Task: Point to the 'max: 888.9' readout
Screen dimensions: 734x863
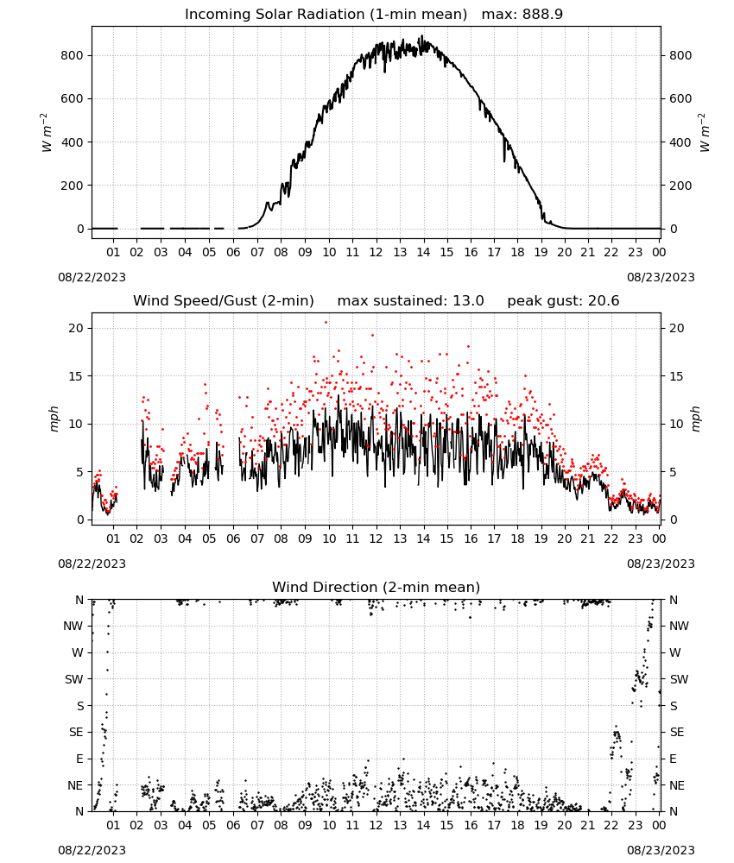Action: click(522, 15)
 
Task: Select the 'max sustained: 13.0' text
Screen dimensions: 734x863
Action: click(410, 301)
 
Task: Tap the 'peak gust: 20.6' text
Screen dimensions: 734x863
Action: click(563, 301)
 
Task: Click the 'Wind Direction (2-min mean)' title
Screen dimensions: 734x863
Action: click(376, 587)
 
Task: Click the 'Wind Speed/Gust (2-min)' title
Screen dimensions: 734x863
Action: click(224, 301)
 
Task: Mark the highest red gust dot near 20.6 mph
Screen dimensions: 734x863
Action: click(326, 323)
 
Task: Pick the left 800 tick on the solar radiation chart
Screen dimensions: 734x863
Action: click(73, 55)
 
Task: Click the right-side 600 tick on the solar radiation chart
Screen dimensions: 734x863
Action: click(680, 99)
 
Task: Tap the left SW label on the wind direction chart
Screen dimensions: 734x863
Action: click(74, 679)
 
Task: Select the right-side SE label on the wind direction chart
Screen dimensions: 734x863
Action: click(677, 732)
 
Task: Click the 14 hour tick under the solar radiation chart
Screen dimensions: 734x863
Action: click(423, 252)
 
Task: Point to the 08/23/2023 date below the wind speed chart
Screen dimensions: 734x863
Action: click(661, 564)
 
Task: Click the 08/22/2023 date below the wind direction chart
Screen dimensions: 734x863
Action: click(92, 850)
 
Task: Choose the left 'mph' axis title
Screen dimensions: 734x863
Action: click(54, 419)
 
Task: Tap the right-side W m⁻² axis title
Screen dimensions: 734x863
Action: click(705, 133)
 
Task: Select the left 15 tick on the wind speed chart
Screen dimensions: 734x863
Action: click(77, 376)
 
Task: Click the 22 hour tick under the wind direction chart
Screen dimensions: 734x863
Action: click(611, 825)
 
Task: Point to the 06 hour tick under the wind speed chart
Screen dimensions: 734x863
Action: click(233, 539)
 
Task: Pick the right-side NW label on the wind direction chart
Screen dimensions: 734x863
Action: click(680, 626)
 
